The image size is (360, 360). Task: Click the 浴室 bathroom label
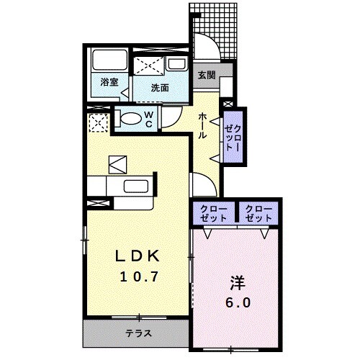[x=109, y=82]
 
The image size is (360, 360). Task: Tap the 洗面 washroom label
[x=161, y=88]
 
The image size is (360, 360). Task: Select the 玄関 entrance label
[x=207, y=73]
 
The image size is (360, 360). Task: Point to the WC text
[x=148, y=119]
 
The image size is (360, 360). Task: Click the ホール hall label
[x=204, y=126]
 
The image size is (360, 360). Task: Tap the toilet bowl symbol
[x=127, y=119]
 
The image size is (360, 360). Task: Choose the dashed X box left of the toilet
[x=96, y=123]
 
